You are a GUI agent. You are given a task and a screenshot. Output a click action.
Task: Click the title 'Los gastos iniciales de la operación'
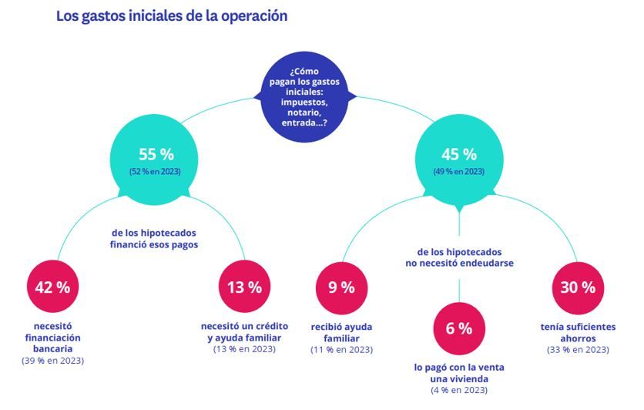[172, 16]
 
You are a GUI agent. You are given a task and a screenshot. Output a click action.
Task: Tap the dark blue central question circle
[309, 97]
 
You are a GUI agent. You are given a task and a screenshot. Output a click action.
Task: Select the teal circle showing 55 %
[155, 160]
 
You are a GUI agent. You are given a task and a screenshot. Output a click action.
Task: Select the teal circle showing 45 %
[458, 160]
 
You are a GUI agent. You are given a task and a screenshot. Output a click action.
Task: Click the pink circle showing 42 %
[52, 287]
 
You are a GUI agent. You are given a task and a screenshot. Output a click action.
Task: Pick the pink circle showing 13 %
[243, 287]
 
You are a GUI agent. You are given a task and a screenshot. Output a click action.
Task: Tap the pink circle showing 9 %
[341, 287]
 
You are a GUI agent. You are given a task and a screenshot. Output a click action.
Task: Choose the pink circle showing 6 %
[458, 328]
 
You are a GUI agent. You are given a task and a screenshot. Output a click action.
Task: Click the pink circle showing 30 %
[578, 287]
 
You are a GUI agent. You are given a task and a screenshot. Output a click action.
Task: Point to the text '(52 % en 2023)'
[155, 172]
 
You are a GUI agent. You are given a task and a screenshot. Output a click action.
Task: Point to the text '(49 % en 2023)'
[458, 172]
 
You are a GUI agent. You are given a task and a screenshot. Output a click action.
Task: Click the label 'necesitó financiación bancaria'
[52, 338]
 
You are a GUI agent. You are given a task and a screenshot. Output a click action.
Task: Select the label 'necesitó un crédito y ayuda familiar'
[243, 332]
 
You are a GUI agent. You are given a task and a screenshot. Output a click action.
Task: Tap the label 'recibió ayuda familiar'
[341, 332]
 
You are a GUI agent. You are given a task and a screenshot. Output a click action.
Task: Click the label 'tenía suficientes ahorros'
[578, 332]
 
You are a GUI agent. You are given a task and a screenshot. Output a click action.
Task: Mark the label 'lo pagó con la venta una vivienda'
[458, 374]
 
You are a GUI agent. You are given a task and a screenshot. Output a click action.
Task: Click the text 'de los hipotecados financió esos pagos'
[154, 239]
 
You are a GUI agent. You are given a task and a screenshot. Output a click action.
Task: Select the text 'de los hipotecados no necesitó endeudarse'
[459, 257]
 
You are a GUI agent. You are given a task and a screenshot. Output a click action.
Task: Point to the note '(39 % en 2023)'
[52, 361]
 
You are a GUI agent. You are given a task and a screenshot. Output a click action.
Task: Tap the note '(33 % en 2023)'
[578, 350]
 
